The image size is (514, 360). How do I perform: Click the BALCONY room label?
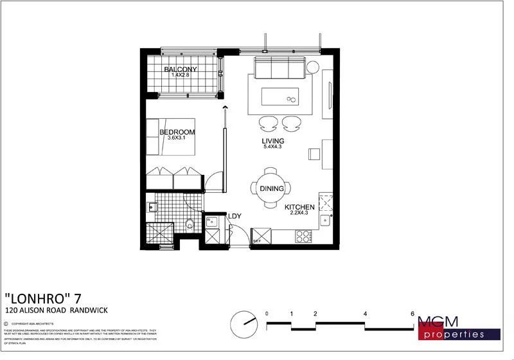click(180, 69)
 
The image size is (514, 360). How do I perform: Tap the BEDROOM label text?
click(177, 132)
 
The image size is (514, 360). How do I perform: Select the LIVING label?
click(272, 141)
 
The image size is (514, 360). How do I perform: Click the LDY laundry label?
click(234, 217)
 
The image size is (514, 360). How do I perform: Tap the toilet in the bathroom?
click(190, 224)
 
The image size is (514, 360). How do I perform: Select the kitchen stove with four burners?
click(303, 236)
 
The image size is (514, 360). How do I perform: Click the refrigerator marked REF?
click(261, 236)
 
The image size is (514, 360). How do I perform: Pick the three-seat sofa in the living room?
click(278, 67)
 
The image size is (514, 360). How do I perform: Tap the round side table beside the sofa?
click(312, 67)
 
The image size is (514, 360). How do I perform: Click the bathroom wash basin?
click(153, 207)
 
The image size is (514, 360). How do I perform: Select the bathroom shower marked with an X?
click(159, 232)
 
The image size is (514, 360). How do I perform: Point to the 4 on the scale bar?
click(365, 313)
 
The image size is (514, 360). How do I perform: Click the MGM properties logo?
click(459, 327)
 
